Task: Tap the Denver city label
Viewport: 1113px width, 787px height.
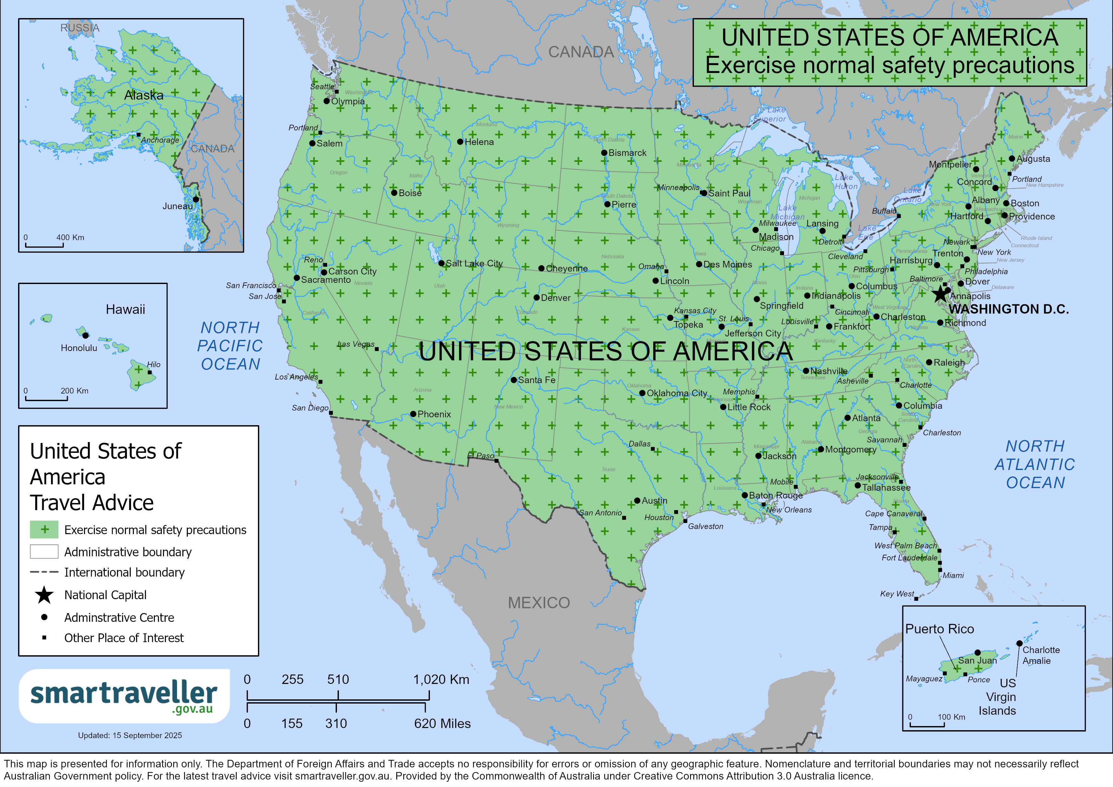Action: click(x=556, y=298)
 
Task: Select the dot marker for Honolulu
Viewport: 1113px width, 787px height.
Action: click(x=85, y=335)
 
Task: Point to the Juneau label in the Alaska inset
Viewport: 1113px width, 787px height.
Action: click(x=177, y=206)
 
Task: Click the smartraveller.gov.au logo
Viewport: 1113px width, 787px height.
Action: click(x=124, y=696)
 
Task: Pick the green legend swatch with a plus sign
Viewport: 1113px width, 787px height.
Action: click(x=44, y=530)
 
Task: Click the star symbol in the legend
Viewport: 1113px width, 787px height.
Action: click(x=44, y=595)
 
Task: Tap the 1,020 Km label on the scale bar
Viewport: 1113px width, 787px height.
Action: click(x=441, y=679)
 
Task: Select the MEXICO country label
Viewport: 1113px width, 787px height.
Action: click(x=538, y=603)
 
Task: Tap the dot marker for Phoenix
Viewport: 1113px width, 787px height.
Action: click(x=413, y=414)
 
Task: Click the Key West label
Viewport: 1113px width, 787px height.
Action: click(x=897, y=594)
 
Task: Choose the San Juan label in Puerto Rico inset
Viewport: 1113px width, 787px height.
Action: click(x=977, y=660)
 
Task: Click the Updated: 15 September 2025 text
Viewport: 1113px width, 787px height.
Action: click(x=130, y=735)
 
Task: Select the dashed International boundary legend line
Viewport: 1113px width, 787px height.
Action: click(x=44, y=572)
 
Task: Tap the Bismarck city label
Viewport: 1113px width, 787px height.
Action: click(x=627, y=153)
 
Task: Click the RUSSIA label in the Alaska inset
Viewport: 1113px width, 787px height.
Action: click(x=80, y=28)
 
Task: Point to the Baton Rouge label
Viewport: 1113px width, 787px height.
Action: click(x=776, y=496)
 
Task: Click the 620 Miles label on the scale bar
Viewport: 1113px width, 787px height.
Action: click(x=442, y=724)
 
